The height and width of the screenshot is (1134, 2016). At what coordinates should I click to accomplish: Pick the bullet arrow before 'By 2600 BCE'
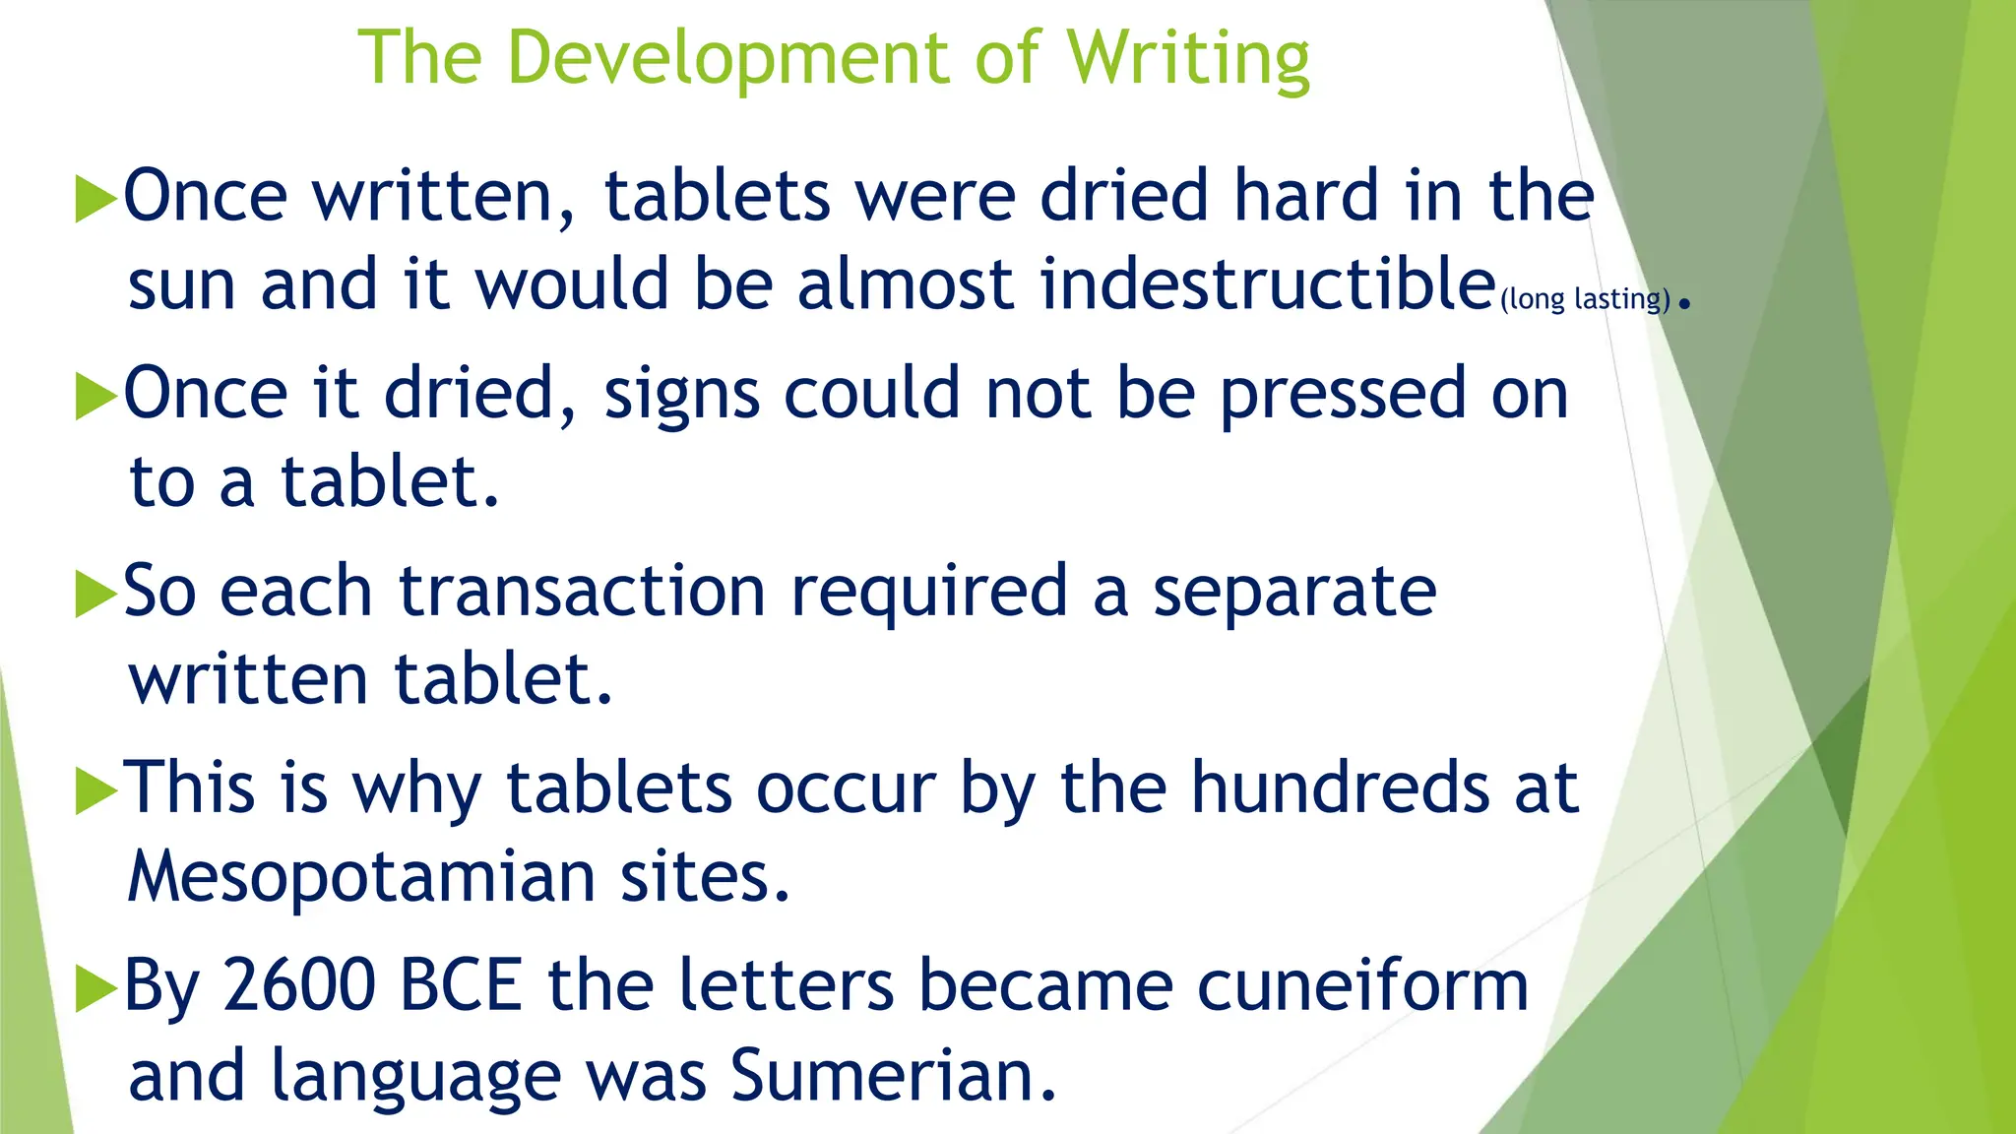(95, 988)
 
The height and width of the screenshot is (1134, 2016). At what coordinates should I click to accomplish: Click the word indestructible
(1268, 284)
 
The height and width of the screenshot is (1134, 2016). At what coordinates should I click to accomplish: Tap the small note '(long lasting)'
(1585, 298)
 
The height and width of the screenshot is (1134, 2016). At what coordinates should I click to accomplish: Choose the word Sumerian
(893, 1075)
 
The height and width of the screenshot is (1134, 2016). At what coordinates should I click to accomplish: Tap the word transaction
(582, 592)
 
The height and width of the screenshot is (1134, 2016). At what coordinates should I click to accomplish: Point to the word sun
(182, 286)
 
